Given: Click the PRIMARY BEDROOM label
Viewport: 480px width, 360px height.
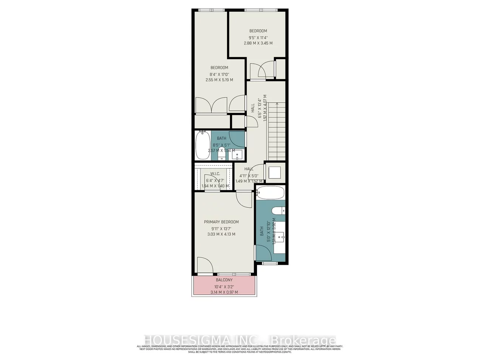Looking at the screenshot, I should pos(221,222).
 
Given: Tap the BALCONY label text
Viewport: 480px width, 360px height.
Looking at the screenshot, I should pos(224,280).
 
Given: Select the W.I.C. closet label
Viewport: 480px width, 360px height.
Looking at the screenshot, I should pos(215,174).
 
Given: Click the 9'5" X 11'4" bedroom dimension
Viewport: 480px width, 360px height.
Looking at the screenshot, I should pos(258,37).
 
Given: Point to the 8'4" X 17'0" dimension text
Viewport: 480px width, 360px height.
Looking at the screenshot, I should pos(219,74).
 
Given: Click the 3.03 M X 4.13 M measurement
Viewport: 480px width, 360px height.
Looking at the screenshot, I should pos(221,234).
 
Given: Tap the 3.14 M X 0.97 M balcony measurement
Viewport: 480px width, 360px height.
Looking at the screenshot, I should pos(224,292).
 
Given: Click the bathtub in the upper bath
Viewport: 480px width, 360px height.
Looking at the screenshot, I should pos(202,145).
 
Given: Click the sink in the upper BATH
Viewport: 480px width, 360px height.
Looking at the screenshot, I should pos(238,154).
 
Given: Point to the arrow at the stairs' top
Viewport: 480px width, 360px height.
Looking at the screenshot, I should pos(277,104).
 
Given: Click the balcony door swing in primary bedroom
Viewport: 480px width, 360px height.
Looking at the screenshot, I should pos(204,265).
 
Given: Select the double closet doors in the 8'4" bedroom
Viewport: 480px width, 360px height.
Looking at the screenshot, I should pos(210,105).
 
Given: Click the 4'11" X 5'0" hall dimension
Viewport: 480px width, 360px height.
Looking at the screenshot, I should pos(249,176).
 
